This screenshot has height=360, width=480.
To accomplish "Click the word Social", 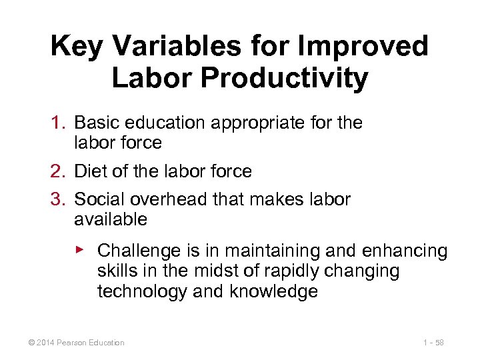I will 99,199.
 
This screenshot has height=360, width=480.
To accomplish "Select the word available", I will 111,219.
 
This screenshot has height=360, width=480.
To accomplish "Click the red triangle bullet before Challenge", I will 79,249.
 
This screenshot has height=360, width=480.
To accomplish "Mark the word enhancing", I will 405,251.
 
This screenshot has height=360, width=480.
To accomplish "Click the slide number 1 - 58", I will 434,343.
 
